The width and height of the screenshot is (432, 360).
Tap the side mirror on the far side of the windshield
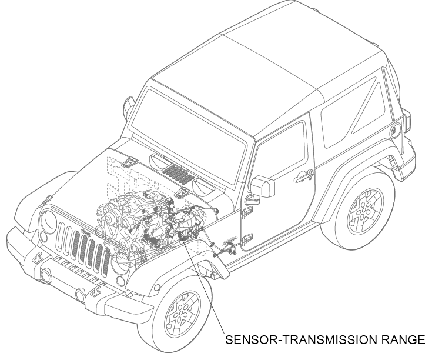pos(129,106)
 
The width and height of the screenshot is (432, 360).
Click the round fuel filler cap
pos(396,131)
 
